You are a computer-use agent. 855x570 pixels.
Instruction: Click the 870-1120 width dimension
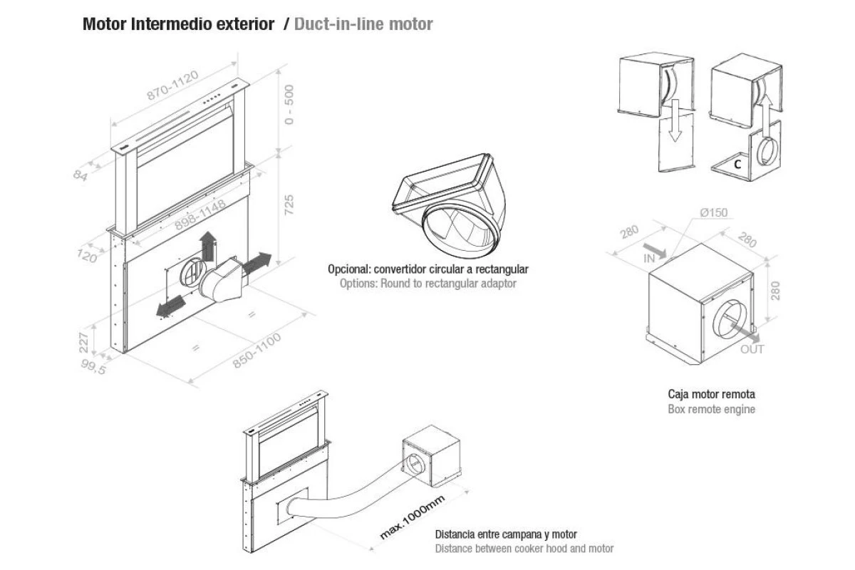(x=173, y=85)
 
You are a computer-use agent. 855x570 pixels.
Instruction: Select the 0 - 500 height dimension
(x=290, y=104)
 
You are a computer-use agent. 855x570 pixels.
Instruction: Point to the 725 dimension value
(x=289, y=205)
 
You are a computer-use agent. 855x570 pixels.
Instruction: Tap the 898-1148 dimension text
(x=199, y=215)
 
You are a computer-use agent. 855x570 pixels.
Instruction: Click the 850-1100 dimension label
(x=257, y=351)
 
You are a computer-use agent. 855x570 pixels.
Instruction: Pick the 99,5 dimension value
(x=93, y=367)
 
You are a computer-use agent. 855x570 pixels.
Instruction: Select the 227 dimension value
(x=83, y=343)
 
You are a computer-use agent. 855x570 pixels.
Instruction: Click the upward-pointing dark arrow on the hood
(x=208, y=246)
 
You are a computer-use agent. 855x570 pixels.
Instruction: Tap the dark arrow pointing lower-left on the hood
(x=170, y=306)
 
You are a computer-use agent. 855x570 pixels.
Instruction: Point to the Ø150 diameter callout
(x=714, y=212)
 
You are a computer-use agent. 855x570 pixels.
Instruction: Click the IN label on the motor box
(x=649, y=259)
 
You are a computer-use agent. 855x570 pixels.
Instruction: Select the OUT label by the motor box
(x=752, y=349)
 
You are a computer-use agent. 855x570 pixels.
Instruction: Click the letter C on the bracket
(x=737, y=165)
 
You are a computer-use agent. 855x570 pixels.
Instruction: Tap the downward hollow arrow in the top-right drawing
(x=675, y=120)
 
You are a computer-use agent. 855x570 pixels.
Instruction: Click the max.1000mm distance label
(x=413, y=517)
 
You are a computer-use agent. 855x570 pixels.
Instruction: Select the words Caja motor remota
(x=712, y=394)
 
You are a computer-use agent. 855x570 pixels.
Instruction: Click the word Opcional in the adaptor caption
(x=349, y=269)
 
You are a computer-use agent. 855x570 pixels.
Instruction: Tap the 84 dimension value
(x=81, y=175)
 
